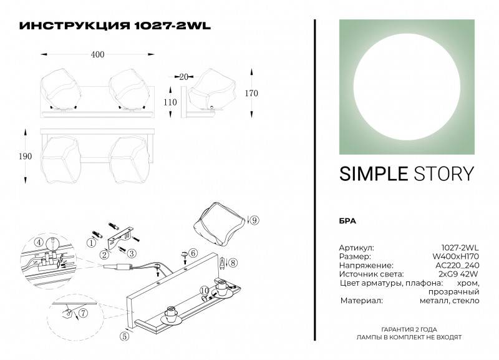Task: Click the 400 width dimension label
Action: click(x=97, y=54)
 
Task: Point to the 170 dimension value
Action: click(x=251, y=93)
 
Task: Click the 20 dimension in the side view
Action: click(x=183, y=77)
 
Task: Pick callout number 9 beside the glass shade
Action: click(x=255, y=220)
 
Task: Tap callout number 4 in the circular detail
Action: click(x=39, y=242)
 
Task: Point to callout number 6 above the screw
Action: click(x=193, y=253)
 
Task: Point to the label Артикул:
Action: click(x=356, y=247)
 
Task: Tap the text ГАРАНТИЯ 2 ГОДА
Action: click(x=409, y=329)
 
